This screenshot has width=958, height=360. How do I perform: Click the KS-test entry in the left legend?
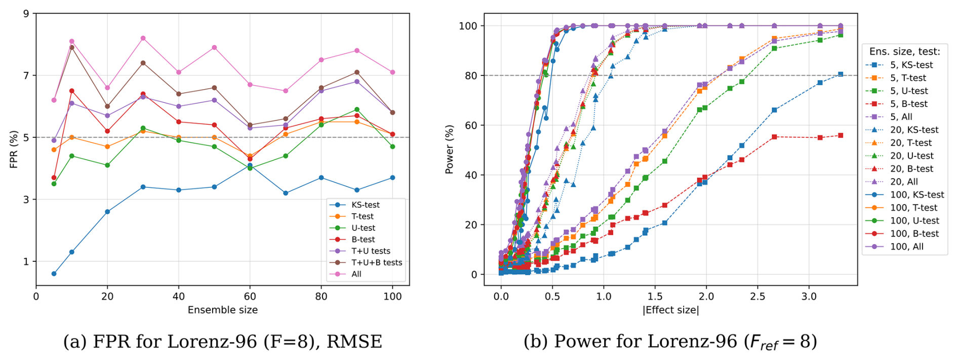[x=365, y=205]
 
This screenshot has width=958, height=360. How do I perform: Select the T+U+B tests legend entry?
[x=377, y=263]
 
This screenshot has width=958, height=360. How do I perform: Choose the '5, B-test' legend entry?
[x=908, y=104]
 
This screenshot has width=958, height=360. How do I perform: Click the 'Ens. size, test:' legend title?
[x=904, y=52]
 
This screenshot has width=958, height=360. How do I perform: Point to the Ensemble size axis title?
[x=222, y=310]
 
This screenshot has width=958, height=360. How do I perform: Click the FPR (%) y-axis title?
[x=14, y=149]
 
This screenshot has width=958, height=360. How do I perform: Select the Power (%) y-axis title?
[x=449, y=149]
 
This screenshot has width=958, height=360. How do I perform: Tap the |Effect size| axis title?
[x=670, y=310]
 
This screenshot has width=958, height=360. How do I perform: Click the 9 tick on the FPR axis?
[x=26, y=14]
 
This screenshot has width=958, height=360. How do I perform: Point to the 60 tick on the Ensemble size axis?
[x=250, y=297]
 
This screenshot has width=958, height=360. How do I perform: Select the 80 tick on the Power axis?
[x=471, y=75]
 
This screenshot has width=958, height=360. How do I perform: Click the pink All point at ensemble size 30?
[x=143, y=38]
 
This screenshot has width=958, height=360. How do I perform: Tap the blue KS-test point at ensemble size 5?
[x=54, y=274]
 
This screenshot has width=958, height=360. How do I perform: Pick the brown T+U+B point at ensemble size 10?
[x=72, y=48]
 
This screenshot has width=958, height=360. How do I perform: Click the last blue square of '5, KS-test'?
[x=841, y=74]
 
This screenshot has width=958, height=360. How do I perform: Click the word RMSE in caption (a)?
[x=354, y=342]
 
